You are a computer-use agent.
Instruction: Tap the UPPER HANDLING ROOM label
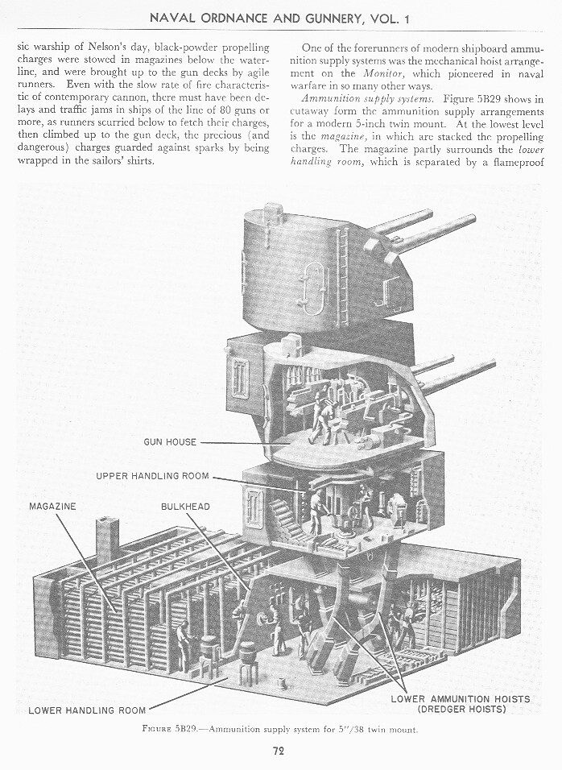[x=152, y=476]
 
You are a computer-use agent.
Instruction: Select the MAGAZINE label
[x=54, y=506]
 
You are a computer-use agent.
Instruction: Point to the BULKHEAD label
[x=184, y=506]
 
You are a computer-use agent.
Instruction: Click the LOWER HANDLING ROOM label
[x=87, y=710]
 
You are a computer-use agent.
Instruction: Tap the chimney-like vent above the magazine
[x=107, y=540]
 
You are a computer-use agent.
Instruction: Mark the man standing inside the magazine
[x=183, y=644]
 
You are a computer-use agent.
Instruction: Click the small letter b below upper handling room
[x=370, y=556]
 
